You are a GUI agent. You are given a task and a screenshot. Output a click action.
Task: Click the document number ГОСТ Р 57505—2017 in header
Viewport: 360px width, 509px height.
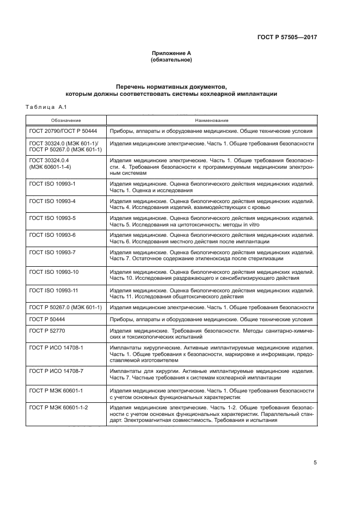point(286,38)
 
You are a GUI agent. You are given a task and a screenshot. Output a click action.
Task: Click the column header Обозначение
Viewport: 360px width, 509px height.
point(66,120)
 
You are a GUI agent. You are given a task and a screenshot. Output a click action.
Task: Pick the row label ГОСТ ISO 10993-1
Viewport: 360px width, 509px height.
point(52,184)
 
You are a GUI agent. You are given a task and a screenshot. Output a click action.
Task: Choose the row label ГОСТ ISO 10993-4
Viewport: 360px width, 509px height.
point(52,201)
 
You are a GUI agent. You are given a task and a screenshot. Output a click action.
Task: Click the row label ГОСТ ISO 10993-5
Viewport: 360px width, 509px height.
point(52,218)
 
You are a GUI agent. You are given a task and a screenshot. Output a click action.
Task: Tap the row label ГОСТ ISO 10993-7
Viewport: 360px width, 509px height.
point(52,252)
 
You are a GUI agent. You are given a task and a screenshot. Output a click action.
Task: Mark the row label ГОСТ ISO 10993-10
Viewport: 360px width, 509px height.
point(54,271)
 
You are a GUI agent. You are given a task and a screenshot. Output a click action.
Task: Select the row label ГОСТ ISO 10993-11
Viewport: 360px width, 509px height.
point(54,290)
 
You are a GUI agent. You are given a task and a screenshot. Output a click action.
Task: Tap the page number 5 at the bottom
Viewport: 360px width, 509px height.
point(315,463)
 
